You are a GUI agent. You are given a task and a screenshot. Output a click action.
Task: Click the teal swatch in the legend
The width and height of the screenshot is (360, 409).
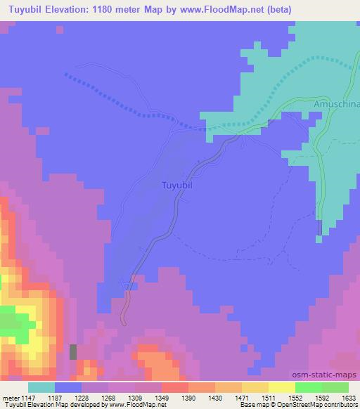point(41,387)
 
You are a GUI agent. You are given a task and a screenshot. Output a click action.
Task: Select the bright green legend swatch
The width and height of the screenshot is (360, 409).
point(308,387)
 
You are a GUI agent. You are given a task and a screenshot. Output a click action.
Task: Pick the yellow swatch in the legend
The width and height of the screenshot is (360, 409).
point(281,387)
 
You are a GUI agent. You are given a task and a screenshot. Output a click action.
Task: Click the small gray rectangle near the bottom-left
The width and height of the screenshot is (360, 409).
point(72,352)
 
